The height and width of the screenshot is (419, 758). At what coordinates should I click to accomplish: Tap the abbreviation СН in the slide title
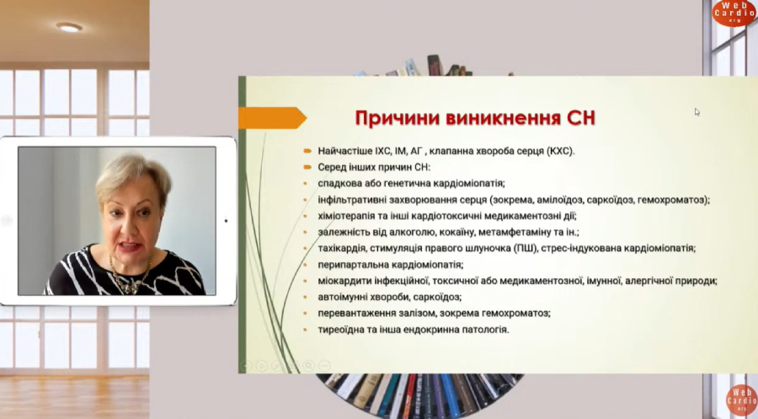tap(580, 119)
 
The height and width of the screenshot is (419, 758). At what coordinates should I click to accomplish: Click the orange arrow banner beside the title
tap(272, 118)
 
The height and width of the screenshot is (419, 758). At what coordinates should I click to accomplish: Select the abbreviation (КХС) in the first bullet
tap(560, 152)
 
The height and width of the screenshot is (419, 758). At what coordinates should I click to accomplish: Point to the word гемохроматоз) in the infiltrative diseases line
tap(674, 200)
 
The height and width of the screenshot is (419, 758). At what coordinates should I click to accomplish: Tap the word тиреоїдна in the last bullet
tap(340, 330)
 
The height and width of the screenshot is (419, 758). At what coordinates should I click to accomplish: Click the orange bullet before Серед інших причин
tap(307, 168)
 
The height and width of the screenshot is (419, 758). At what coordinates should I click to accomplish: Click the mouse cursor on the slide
tap(697, 112)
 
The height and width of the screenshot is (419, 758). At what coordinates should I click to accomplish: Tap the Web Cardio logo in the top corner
tap(734, 12)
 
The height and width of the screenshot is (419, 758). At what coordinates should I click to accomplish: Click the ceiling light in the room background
tap(69, 27)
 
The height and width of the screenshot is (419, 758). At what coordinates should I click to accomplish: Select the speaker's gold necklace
tap(129, 277)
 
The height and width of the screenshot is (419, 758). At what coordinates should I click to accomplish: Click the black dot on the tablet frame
tap(227, 221)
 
